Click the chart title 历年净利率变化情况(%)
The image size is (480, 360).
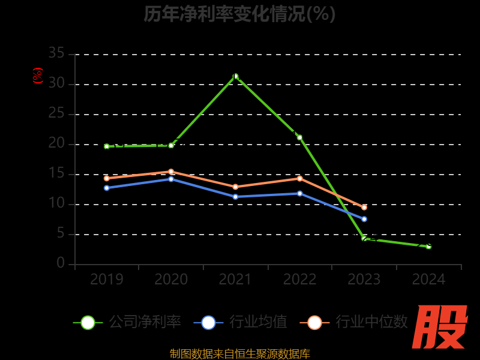pyautogui.click(x=240, y=13)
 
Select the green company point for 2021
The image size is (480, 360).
pyautogui.click(x=235, y=76)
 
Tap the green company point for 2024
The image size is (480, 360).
pyautogui.click(x=428, y=246)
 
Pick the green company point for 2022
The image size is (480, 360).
pyautogui.click(x=300, y=137)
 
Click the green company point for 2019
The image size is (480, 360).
pyautogui.click(x=107, y=146)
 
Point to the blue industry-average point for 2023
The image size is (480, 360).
pyautogui.click(x=364, y=219)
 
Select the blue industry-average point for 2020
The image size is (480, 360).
pyautogui.click(x=171, y=179)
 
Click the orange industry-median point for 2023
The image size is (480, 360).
pyautogui.click(x=364, y=207)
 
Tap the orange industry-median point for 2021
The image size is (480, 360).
pyautogui.click(x=235, y=187)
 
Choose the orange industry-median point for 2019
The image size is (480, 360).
pyautogui.click(x=107, y=178)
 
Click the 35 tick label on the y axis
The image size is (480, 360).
pyautogui.click(x=56, y=53)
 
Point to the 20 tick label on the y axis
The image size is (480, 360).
pyautogui.click(x=56, y=143)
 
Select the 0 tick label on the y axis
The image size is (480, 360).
pyautogui.click(x=61, y=263)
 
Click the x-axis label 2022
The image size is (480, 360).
pyautogui.click(x=300, y=280)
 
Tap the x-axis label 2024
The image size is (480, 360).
pyautogui.click(x=428, y=280)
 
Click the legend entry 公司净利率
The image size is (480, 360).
pyautogui.click(x=127, y=322)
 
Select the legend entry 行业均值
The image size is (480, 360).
pyautogui.click(x=241, y=322)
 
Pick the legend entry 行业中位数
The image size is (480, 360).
pyautogui.click(x=358, y=322)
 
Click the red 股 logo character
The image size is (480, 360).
pyautogui.click(x=440, y=327)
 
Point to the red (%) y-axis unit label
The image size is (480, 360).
pyautogui.click(x=38, y=76)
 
